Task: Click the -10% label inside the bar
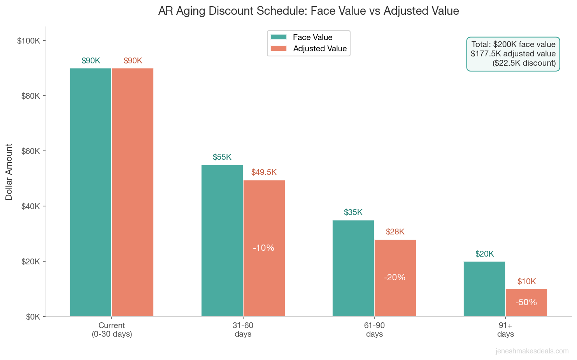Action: tap(264, 248)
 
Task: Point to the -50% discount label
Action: tap(526, 302)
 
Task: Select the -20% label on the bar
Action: tap(395, 277)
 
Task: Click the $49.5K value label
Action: tap(264, 172)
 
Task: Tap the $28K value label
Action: tap(395, 232)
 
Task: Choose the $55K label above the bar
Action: tap(222, 157)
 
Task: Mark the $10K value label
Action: tap(526, 281)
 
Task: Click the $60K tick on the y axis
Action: tap(31, 151)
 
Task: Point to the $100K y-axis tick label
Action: tap(29, 41)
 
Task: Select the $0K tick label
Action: tap(33, 317)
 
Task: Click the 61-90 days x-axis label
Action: tap(374, 330)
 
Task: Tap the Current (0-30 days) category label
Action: tap(112, 330)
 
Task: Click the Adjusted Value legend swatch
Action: tap(279, 49)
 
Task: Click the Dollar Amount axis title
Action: tap(9, 172)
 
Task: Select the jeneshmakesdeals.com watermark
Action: tap(532, 351)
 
